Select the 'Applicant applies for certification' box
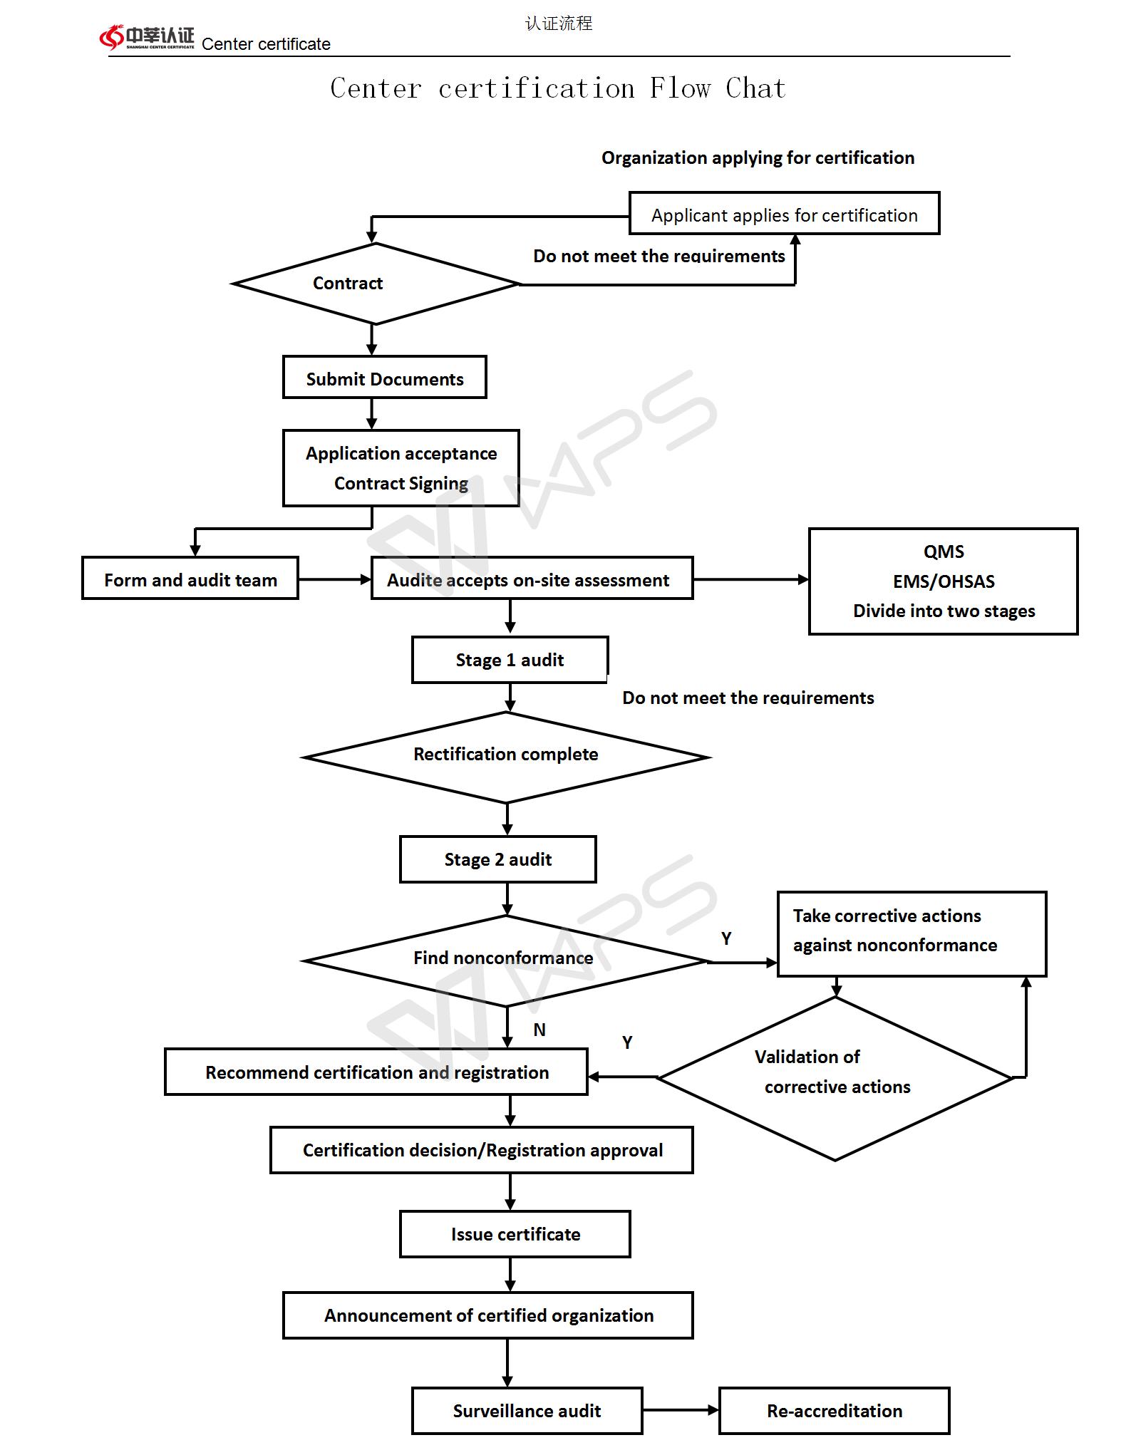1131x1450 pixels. click(x=784, y=213)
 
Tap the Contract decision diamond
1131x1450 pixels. click(x=375, y=284)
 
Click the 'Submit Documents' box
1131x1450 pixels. click(x=385, y=377)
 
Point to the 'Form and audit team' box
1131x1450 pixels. click(x=190, y=578)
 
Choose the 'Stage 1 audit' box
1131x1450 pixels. click(x=510, y=660)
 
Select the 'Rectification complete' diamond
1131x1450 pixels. click(x=506, y=757)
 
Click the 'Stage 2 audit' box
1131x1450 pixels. click(x=498, y=859)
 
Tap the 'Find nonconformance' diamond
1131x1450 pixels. click(x=506, y=960)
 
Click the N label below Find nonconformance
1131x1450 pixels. click(x=539, y=1030)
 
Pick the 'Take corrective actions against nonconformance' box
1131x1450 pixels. click(x=911, y=933)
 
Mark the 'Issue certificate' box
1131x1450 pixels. click(x=515, y=1234)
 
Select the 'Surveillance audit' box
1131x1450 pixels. click(x=527, y=1411)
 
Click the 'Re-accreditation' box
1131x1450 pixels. click(x=835, y=1411)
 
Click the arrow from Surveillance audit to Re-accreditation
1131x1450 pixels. click(x=681, y=1409)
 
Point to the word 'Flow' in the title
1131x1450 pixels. click(x=680, y=88)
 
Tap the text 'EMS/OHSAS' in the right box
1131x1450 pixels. click(x=944, y=581)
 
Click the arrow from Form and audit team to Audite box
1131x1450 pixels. click(x=335, y=579)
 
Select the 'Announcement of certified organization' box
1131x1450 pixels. click(x=488, y=1315)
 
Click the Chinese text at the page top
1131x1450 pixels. click(x=559, y=24)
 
